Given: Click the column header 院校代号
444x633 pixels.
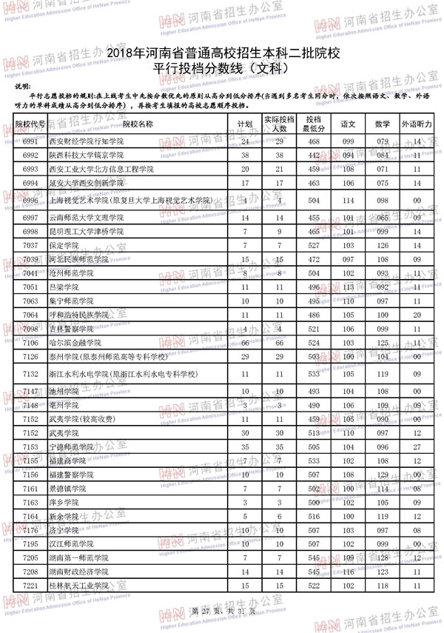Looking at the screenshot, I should point(30,124).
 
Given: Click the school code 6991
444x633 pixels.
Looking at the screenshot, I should point(30,141).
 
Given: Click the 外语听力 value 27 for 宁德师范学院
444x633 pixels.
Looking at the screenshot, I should point(417,447).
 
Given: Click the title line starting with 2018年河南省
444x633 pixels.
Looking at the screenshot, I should point(223,54).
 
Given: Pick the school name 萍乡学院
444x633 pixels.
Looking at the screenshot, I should point(64,503).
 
